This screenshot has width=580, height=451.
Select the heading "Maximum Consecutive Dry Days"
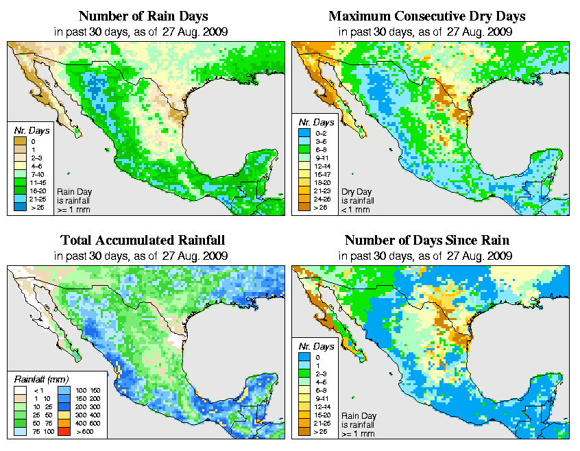click(428, 16)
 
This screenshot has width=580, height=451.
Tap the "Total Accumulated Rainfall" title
click(143, 240)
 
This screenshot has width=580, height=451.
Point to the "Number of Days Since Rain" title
click(426, 240)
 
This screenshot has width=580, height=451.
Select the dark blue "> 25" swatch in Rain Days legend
click(19, 205)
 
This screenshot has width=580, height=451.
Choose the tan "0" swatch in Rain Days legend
click(19, 141)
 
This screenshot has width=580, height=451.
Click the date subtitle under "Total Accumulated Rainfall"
click(142, 256)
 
